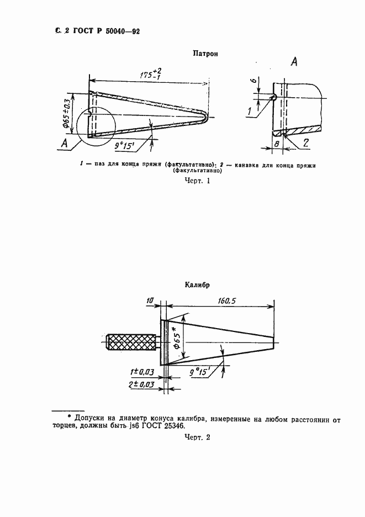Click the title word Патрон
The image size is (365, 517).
pos(204,54)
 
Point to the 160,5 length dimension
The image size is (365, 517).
pos(228,302)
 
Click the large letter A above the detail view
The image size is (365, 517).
pos(294,62)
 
